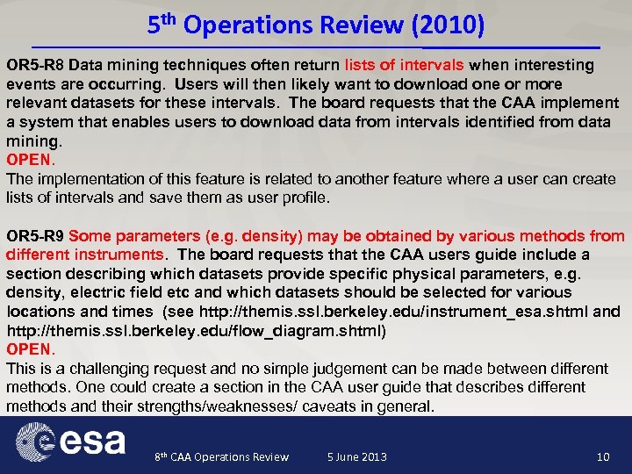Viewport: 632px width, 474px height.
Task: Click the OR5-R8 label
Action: (x=35, y=65)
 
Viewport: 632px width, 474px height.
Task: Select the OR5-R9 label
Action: (x=35, y=236)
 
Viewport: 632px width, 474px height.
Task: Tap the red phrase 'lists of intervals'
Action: (x=406, y=65)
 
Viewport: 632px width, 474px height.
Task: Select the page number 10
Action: (x=602, y=456)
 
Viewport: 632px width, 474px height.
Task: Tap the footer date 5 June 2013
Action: (x=356, y=456)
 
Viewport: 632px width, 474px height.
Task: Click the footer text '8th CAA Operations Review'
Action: (x=221, y=456)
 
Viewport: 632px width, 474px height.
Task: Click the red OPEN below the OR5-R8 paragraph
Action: (x=30, y=161)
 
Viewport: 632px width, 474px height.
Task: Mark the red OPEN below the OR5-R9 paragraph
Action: (x=30, y=349)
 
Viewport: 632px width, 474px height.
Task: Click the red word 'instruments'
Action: (x=118, y=255)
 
